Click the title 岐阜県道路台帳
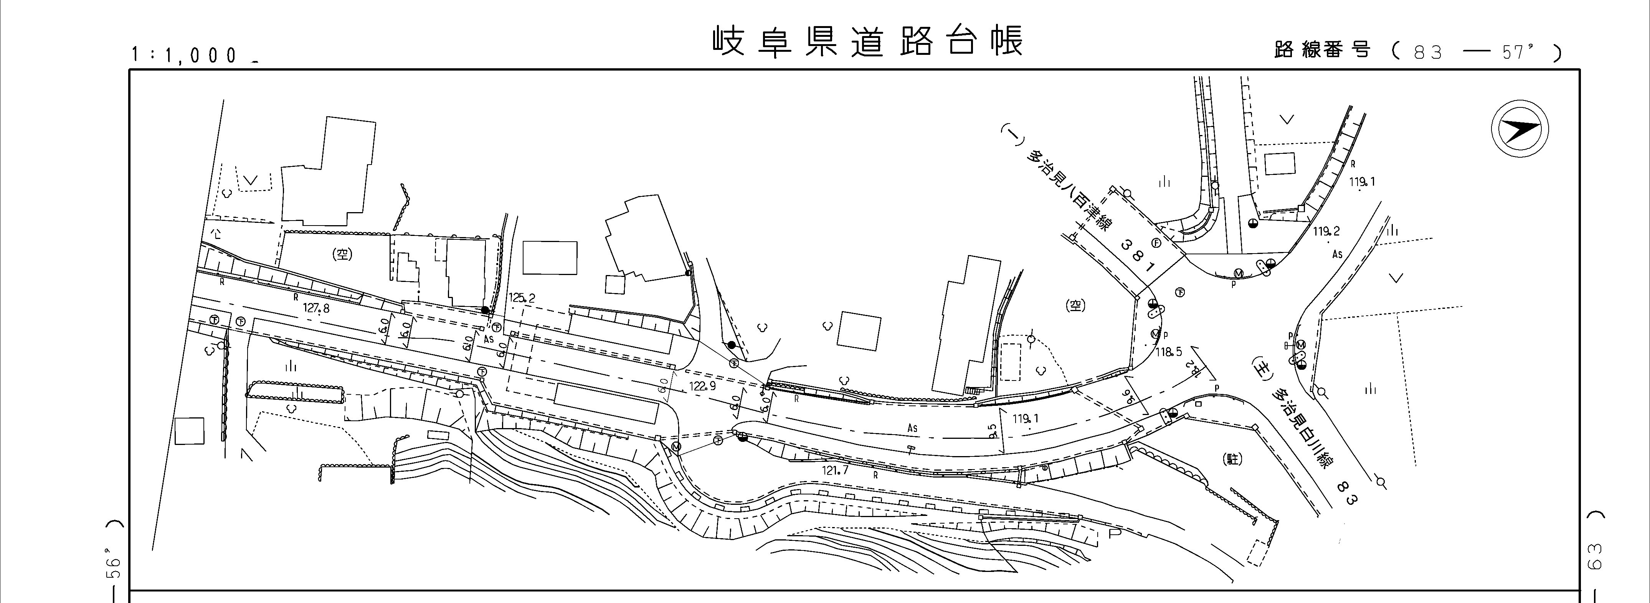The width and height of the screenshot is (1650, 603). [x=868, y=41]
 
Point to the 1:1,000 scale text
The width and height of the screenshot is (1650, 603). [x=186, y=55]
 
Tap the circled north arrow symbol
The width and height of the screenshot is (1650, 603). [x=1520, y=130]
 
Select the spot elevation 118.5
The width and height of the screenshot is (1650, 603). [x=1169, y=351]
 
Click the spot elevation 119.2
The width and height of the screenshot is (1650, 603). [x=1326, y=231]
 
